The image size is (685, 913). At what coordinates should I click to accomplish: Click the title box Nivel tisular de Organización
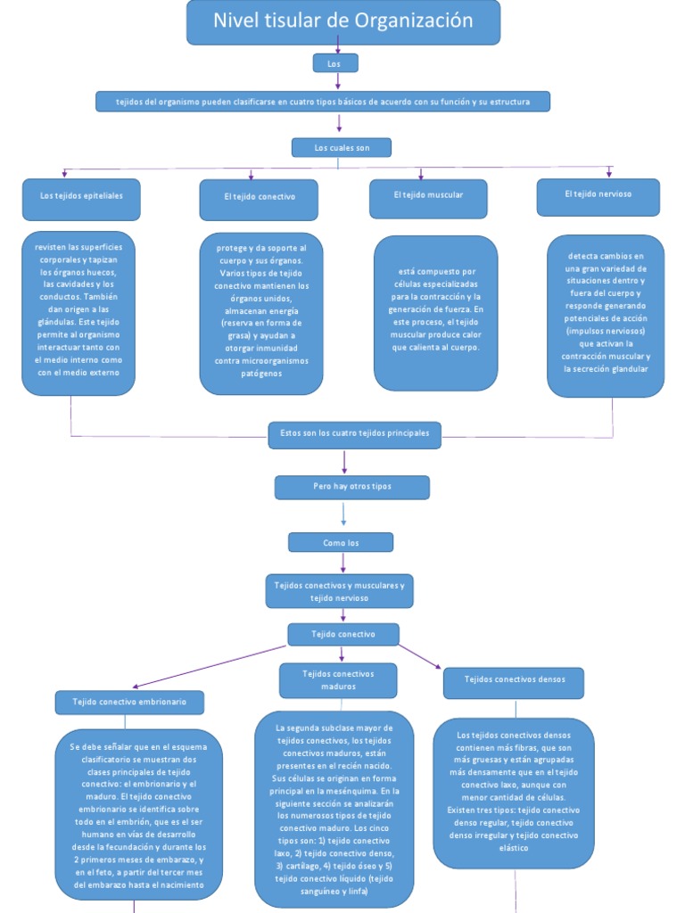pyautogui.click(x=342, y=22)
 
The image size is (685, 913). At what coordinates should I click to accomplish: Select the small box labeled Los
pyautogui.click(x=335, y=62)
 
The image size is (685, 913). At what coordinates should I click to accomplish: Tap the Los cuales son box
pyautogui.click(x=342, y=147)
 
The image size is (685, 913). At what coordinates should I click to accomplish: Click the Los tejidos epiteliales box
pyautogui.click(x=81, y=199)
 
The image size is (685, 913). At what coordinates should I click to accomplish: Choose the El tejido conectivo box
pyautogui.click(x=259, y=200)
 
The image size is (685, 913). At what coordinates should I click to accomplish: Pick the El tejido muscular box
pyautogui.click(x=428, y=199)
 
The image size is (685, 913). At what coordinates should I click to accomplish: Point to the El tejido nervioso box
pyautogui.click(x=598, y=197)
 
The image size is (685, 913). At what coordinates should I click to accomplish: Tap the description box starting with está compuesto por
pyautogui.click(x=435, y=312)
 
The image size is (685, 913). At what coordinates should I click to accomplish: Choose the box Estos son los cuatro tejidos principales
pyautogui.click(x=354, y=434)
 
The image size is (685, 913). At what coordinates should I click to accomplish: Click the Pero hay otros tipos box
pyautogui.click(x=351, y=488)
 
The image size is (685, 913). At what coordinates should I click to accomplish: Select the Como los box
pyautogui.click(x=341, y=542)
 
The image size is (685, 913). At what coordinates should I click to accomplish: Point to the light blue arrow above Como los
pyautogui.click(x=343, y=515)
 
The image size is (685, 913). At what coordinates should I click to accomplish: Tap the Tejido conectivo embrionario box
pyautogui.click(x=129, y=703)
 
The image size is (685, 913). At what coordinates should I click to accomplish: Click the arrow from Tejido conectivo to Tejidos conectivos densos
pyautogui.click(x=419, y=654)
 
